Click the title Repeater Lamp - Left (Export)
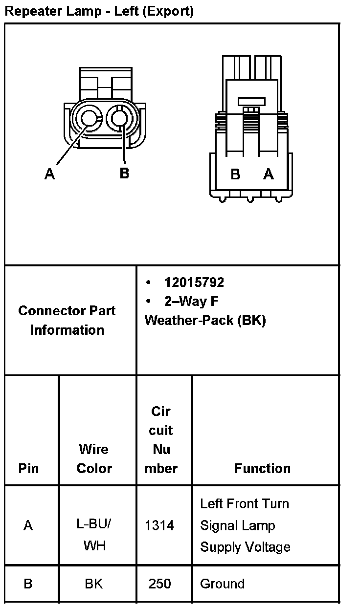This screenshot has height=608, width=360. point(99,11)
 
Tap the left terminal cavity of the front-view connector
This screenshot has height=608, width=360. point(89,118)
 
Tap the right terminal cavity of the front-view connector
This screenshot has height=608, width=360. point(119,118)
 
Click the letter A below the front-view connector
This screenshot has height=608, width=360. point(49,174)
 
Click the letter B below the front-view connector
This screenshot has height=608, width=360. point(124,173)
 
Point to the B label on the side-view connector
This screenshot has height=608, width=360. point(235,174)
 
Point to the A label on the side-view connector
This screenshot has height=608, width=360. point(269,174)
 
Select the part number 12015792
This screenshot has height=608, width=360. point(194,282)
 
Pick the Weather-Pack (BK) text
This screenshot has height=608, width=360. point(205,321)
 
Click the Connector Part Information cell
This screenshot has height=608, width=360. point(67,320)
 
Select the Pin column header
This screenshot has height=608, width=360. point(28,468)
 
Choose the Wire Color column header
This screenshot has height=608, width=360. point(94,458)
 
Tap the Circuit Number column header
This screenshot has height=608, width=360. point(161,440)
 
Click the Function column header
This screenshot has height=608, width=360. point(262,468)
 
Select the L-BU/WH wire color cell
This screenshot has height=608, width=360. point(94,535)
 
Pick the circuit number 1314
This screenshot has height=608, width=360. point(159,525)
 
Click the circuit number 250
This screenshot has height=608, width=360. point(159,584)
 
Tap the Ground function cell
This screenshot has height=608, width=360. point(222,584)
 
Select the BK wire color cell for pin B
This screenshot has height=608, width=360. point(93,584)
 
